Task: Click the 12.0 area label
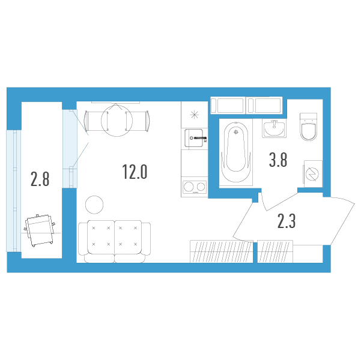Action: (135, 172)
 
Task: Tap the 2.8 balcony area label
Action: (40, 179)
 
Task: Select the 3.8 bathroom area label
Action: (278, 160)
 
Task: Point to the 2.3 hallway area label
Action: (287, 221)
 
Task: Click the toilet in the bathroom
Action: (309, 127)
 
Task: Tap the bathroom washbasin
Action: (274, 128)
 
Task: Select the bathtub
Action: (235, 152)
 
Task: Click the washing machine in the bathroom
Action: (313, 173)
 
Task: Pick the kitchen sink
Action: (194, 138)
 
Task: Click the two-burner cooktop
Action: (195, 187)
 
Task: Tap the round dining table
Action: (117, 121)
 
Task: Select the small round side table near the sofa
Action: (94, 205)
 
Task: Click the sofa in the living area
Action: (114, 242)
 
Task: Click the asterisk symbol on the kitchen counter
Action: (194, 115)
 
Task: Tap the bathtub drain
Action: (235, 132)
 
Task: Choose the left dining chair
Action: (97, 121)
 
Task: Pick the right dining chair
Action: (138, 121)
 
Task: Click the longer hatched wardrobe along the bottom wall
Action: (222, 251)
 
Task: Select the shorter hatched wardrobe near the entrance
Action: (275, 251)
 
